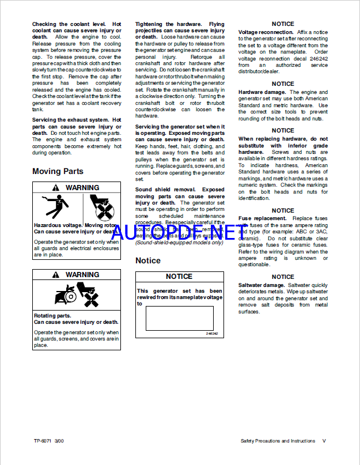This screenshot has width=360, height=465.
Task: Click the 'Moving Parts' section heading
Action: click(x=58, y=171)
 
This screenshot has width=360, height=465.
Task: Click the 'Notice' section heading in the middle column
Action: click(x=148, y=260)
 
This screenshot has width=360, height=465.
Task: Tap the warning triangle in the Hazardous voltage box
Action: click(x=56, y=188)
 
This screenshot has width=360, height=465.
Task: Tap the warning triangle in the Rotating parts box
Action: click(x=56, y=275)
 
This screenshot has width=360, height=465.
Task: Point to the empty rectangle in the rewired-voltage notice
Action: click(x=179, y=318)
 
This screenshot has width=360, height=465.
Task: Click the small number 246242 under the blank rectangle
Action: click(x=212, y=334)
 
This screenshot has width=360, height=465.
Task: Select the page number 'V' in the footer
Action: click(x=324, y=441)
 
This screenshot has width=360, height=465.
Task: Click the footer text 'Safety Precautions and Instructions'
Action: click(x=278, y=441)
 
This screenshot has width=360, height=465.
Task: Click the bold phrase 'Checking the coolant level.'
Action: click(x=69, y=24)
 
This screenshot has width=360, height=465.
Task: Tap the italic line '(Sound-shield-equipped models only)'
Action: click(x=179, y=243)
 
